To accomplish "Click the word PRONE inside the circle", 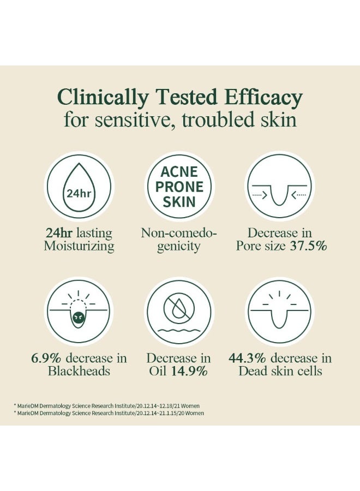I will pos(179,187).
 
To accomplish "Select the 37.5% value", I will pos(308,246).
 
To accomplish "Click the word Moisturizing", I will pos(79,246).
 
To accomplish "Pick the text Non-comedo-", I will pos(179,233).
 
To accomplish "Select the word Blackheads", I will pos(79,372).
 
